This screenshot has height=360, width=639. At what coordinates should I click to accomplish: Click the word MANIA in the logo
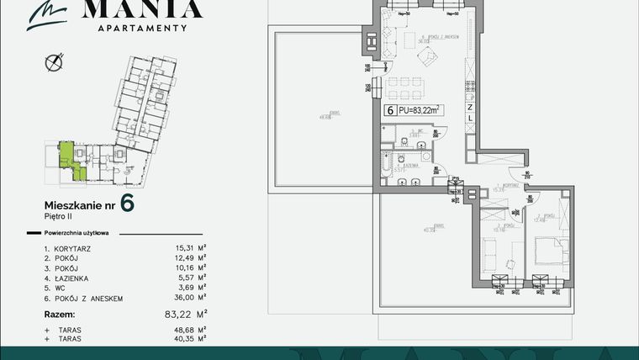click(x=141, y=9)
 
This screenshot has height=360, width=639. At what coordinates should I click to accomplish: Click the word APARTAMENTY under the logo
click(x=141, y=28)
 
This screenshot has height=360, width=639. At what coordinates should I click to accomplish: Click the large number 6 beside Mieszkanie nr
click(x=127, y=203)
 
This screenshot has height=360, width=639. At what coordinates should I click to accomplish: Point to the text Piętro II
click(x=59, y=216)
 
